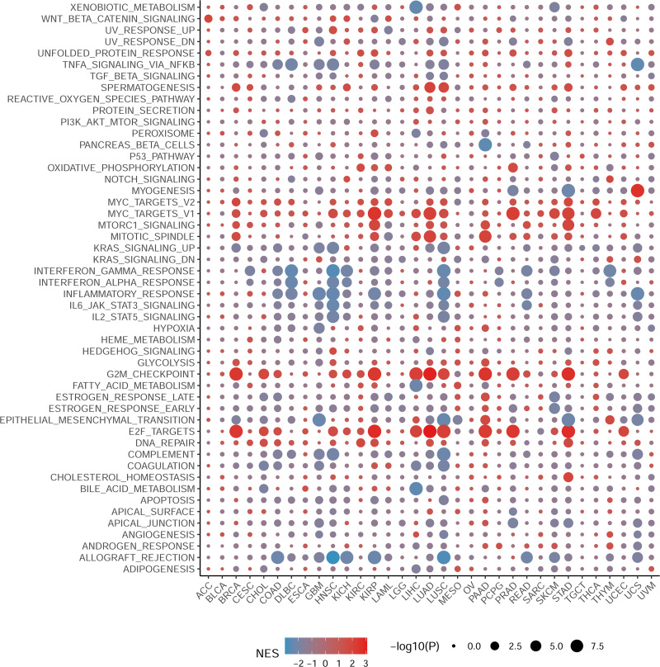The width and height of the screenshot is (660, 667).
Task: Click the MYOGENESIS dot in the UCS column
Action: (x=637, y=191)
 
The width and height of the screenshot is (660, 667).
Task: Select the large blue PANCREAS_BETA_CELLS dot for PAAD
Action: (x=485, y=144)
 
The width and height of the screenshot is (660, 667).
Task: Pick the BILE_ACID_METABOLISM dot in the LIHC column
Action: (x=416, y=489)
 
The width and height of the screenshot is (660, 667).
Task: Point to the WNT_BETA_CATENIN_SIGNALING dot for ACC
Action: (x=207, y=19)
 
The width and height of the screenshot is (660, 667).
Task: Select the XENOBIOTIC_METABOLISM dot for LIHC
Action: (x=416, y=7)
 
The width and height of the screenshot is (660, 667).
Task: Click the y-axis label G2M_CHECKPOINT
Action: (x=155, y=374)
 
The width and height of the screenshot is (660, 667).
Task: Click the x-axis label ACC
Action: (x=202, y=589)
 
